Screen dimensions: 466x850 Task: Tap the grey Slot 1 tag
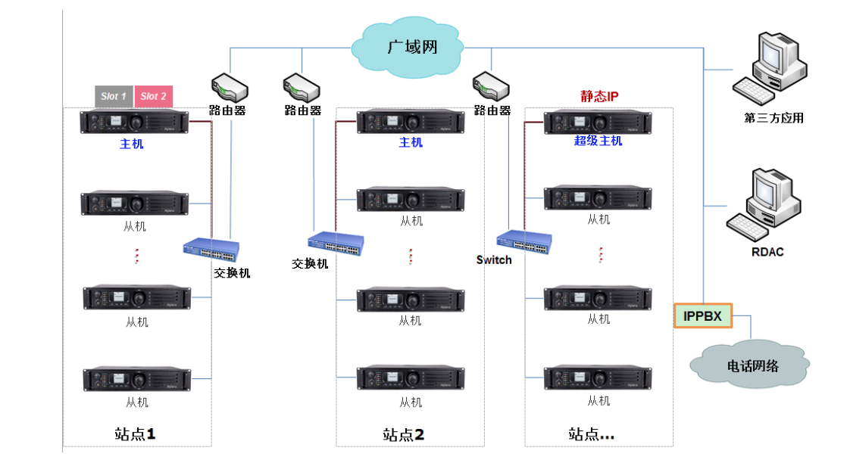click(114, 96)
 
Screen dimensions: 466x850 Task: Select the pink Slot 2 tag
click(154, 96)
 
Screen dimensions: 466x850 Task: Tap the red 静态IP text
click(599, 96)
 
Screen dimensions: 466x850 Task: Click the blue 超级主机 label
click(598, 141)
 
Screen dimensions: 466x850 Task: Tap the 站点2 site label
click(403, 434)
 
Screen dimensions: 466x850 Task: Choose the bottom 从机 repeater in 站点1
click(135, 378)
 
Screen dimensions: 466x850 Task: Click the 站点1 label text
click(134, 433)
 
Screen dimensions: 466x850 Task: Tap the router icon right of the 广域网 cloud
click(491, 86)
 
